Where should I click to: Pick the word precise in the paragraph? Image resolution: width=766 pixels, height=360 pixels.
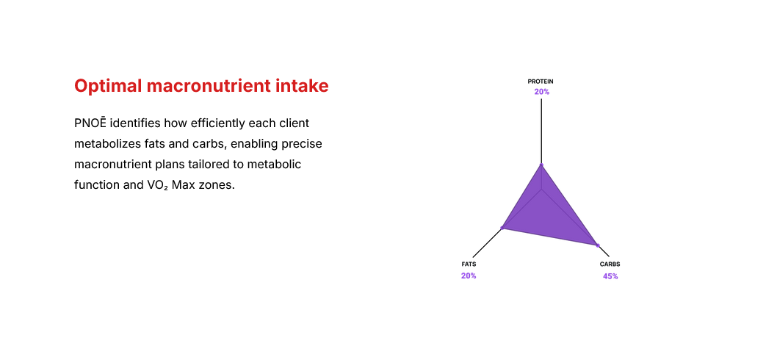302,143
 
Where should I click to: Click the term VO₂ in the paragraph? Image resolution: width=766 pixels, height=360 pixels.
157,185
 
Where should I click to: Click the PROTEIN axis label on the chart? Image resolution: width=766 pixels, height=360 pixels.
541,81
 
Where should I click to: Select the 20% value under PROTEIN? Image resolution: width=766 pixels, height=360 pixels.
541,92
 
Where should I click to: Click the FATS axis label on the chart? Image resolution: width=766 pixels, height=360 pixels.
469,264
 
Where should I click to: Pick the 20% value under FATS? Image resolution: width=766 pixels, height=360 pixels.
469,276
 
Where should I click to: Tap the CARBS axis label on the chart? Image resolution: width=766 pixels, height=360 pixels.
610,264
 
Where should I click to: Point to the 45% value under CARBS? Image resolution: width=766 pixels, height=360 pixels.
610,276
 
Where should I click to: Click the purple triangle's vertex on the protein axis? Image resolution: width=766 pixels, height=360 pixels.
541,165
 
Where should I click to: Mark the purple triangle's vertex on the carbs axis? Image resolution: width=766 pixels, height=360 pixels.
597,245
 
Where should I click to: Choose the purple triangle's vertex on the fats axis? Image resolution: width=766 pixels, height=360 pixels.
502,228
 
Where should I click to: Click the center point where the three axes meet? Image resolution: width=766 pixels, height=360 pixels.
541,189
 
